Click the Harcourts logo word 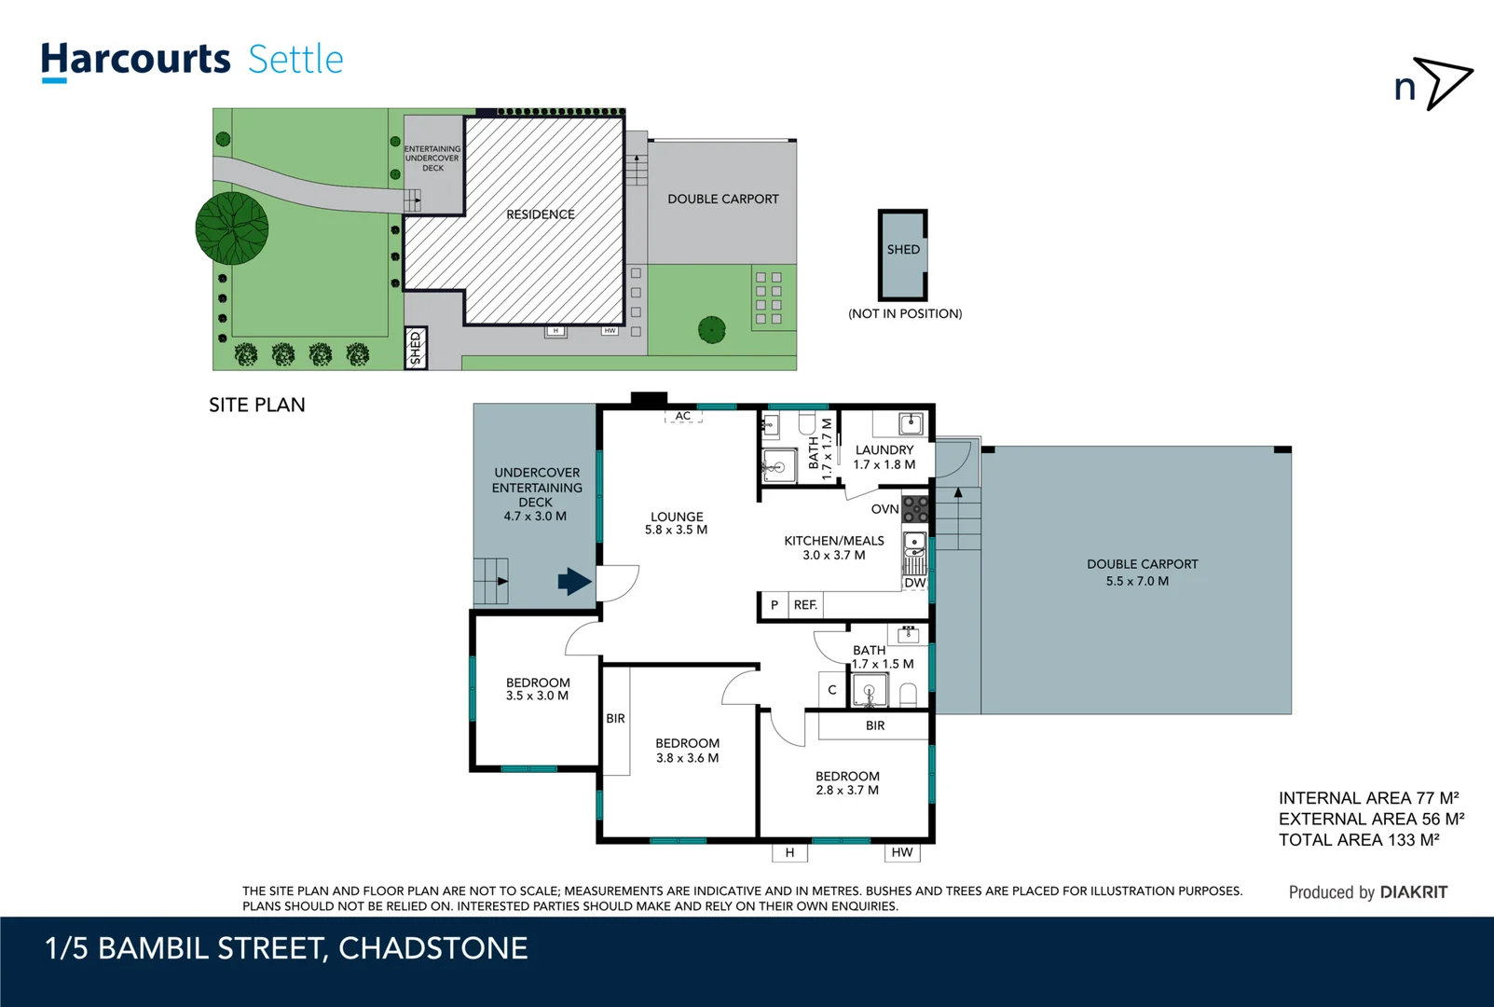click(135, 60)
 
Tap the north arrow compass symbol click(1443, 83)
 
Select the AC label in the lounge click(683, 417)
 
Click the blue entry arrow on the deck click(574, 582)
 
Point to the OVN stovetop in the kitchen click(916, 509)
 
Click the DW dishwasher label click(915, 583)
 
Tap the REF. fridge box click(805, 605)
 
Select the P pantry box click(774, 605)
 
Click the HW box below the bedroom click(901, 852)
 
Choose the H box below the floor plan click(789, 852)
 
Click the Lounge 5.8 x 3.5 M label click(677, 523)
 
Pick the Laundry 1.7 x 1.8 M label click(884, 457)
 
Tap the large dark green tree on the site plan click(232, 228)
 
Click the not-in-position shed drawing click(902, 254)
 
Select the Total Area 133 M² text click(1358, 840)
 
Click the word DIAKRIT click(1413, 892)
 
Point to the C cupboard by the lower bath click(832, 690)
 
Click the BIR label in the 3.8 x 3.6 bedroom click(615, 719)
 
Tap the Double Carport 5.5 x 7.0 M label click(1141, 572)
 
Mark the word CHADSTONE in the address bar click(432, 948)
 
